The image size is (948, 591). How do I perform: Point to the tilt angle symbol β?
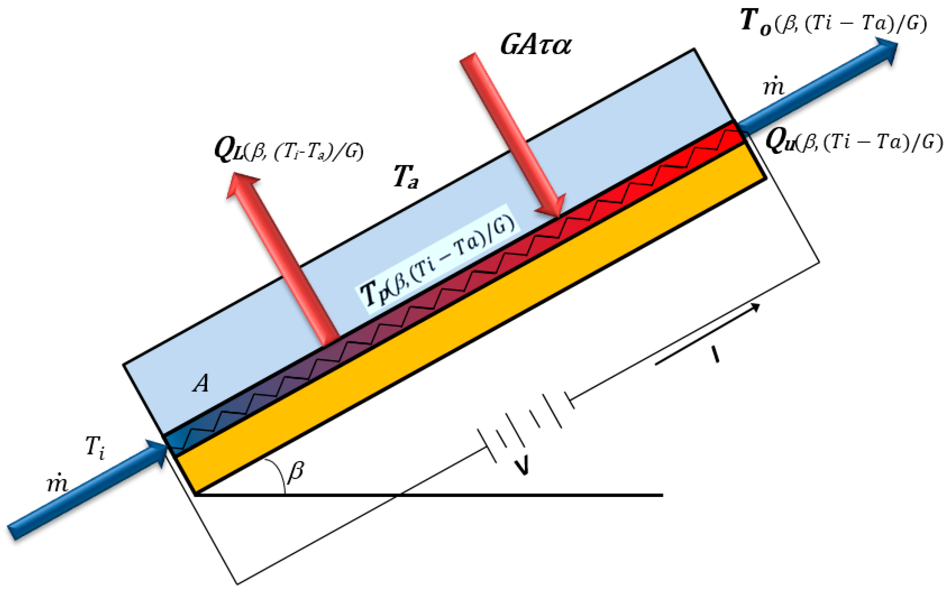tap(295, 471)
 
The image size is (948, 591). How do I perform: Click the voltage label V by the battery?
tap(522, 467)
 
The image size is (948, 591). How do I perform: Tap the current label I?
tap(715, 355)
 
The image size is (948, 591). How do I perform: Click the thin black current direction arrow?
tap(708, 334)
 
